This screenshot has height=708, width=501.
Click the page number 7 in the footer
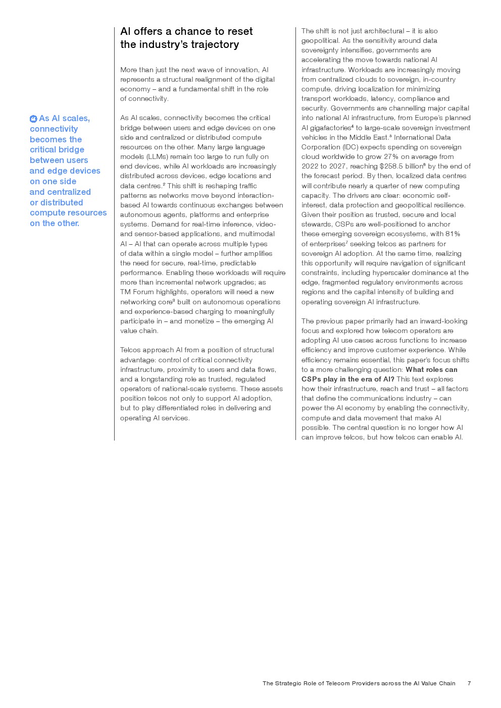(469, 683)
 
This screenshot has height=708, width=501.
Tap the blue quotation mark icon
(33, 119)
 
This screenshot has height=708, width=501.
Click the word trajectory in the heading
(215, 44)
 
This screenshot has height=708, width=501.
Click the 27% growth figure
(390, 156)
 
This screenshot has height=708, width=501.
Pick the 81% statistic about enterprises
(453, 234)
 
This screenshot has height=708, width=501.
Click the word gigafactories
(330, 128)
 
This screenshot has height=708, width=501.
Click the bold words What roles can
(431, 369)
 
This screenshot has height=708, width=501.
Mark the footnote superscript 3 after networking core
(174, 300)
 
